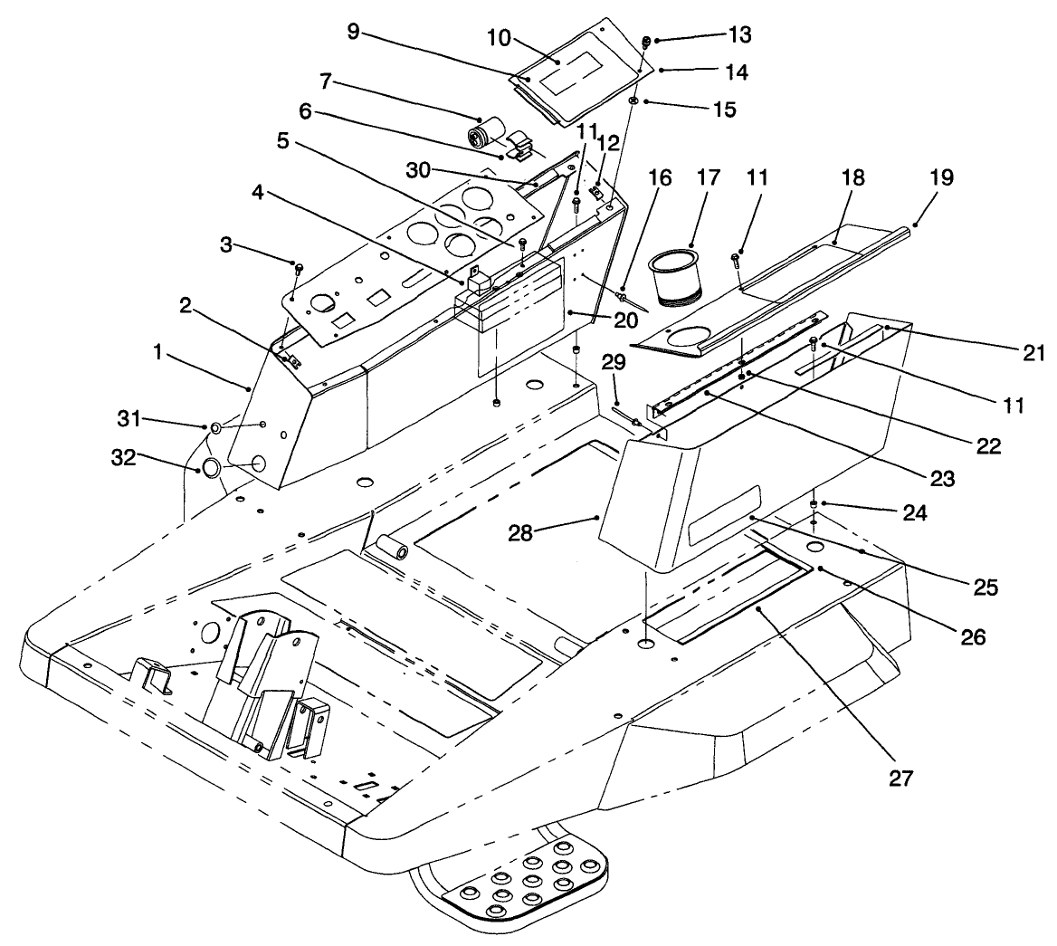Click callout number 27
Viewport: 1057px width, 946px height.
coord(901,777)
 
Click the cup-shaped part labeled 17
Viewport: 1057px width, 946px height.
coord(677,276)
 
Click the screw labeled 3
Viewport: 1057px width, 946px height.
coord(300,268)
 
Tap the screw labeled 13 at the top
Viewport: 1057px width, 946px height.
coord(646,41)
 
